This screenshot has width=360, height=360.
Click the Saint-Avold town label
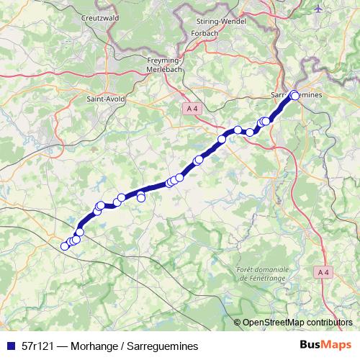104,98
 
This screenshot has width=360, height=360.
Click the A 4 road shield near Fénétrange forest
323,271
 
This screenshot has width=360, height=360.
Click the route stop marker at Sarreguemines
294,95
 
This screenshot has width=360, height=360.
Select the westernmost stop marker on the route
65,246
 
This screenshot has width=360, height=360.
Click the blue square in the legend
10,346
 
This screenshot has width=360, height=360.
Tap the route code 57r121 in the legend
37,346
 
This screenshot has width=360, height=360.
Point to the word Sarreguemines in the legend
161,346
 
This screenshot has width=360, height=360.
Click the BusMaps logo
325,345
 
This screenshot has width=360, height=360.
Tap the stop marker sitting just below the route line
141,197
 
